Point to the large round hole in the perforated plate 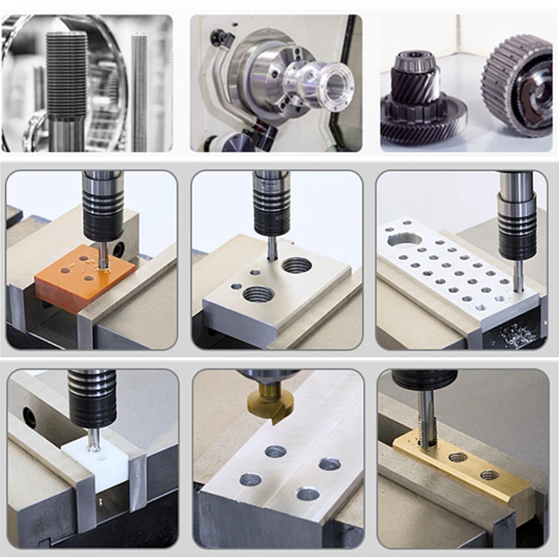pyautogui.click(x=405, y=240)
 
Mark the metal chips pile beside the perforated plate pyautogui.click(x=517, y=335)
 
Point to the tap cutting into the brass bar pyautogui.click(x=427, y=419)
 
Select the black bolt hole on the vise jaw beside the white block pyautogui.click(x=29, y=418)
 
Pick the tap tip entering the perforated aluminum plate pyautogui.click(x=518, y=279)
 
